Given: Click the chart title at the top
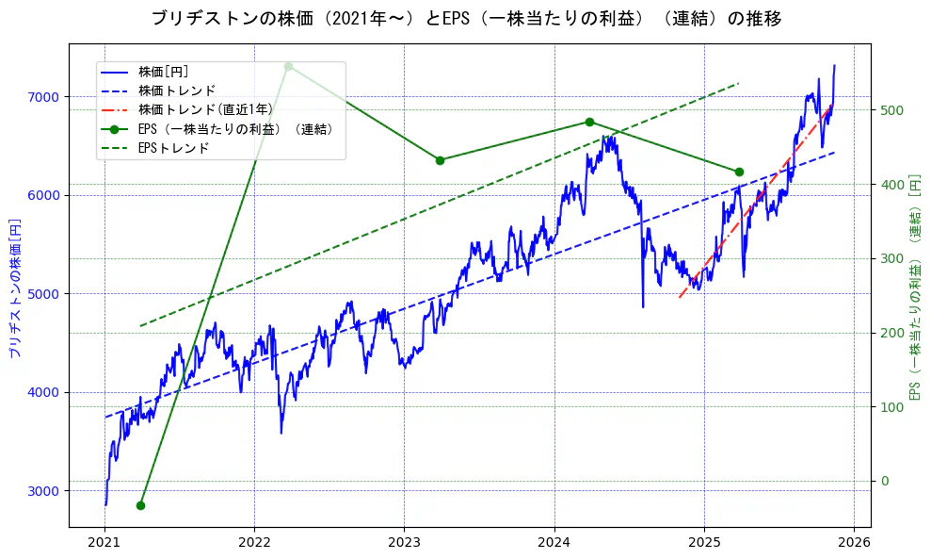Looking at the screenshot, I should click(x=466, y=19).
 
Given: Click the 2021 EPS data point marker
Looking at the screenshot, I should click(x=140, y=505).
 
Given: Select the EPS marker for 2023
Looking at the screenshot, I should click(x=440, y=160).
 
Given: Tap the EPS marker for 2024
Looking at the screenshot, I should click(x=589, y=122).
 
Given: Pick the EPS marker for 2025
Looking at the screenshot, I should click(x=739, y=172).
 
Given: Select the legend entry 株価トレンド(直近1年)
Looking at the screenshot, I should click(x=204, y=109).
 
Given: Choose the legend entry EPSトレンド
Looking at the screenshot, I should click(x=173, y=148).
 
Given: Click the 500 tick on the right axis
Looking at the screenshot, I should click(x=891, y=110).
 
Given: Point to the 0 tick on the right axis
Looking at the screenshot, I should click(x=884, y=482).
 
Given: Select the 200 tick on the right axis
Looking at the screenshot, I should click(x=891, y=333).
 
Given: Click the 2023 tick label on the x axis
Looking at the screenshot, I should click(x=404, y=543).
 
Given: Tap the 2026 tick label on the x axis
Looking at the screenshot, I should click(x=853, y=543).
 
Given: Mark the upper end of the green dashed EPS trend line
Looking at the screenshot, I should click(x=738, y=84).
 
